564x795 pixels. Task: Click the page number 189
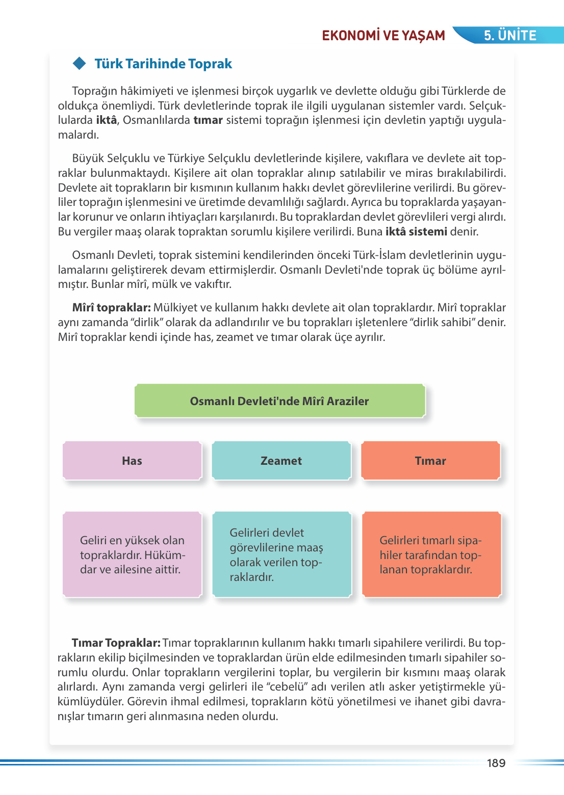pos(496,763)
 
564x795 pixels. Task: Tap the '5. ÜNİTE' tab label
pos(510,35)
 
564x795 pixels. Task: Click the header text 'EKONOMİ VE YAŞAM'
pos(383,35)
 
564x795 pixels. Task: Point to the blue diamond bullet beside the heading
pos(80,64)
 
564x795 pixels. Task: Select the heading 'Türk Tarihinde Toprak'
pos(163,64)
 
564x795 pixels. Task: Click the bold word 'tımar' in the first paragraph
pos(208,120)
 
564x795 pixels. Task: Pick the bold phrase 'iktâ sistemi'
pos(416,232)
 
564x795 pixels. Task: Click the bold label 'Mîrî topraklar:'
pos(111,308)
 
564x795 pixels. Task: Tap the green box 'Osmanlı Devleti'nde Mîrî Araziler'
pos(279,401)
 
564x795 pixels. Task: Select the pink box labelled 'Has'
pos(132,461)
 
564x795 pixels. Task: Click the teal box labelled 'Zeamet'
pos(281,461)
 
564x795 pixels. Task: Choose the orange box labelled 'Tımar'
pos(430,461)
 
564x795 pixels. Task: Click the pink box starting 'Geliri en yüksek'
pos(132,554)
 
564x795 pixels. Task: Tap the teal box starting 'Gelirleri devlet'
pos(281,554)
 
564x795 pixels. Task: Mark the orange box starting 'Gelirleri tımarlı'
pos(431,554)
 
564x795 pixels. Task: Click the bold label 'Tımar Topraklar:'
pos(116,643)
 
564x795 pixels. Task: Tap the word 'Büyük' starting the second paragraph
pos(88,158)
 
